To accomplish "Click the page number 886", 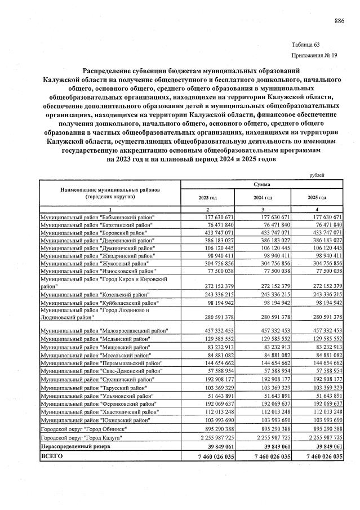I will (339, 21).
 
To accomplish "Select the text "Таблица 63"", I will (306, 45).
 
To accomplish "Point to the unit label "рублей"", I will (318, 175).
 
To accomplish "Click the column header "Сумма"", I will (261, 184).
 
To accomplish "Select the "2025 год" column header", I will (318, 198).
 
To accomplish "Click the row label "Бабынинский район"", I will (98, 217).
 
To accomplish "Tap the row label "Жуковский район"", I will (95, 263).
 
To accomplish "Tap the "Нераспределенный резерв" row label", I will (76, 446).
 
